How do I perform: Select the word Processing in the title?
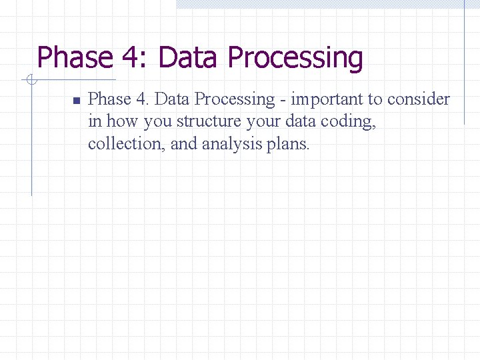(295, 58)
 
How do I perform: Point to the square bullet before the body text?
(76, 101)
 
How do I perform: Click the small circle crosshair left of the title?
(31, 81)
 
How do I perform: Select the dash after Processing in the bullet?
(283, 100)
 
